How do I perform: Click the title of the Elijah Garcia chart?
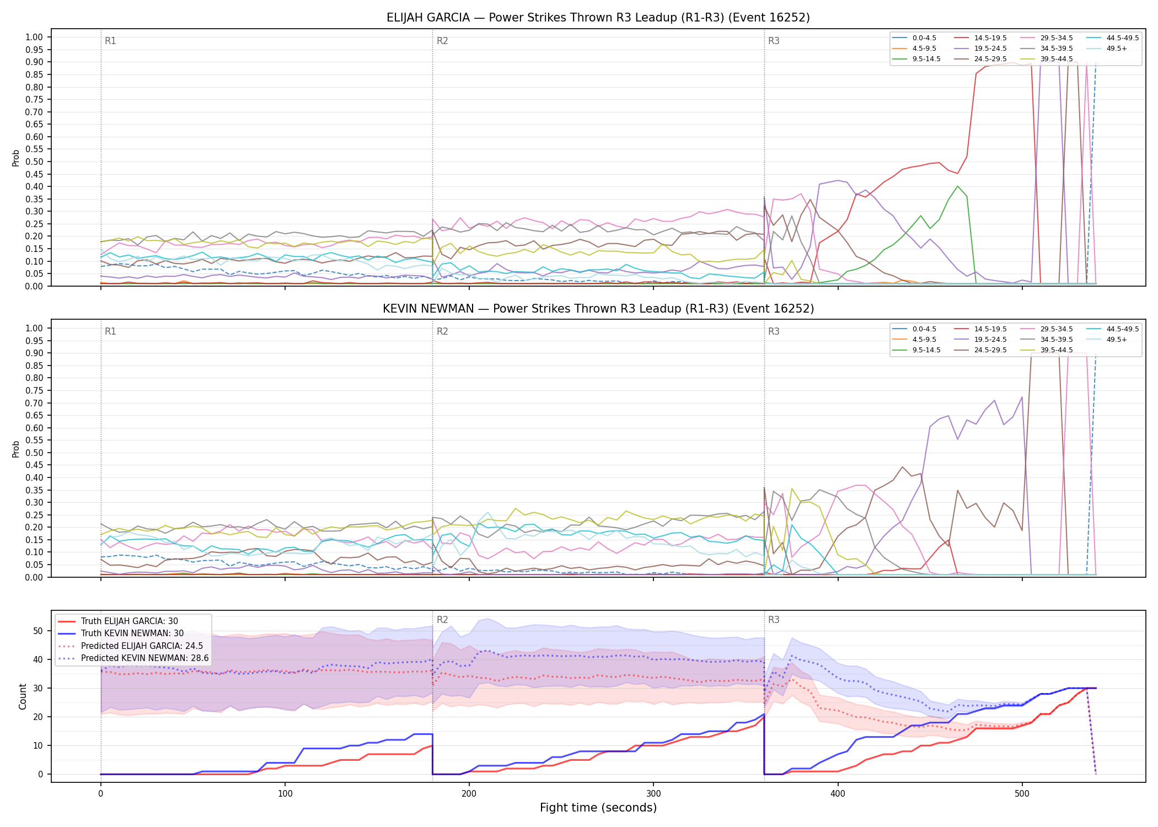pos(598,18)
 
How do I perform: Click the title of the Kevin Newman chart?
pos(598,309)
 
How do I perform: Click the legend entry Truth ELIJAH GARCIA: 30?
pos(130,621)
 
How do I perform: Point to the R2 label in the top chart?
pos(442,41)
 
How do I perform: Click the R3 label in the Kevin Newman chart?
pos(774,331)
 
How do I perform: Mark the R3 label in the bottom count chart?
pos(774,620)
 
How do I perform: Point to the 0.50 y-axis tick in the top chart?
pos(34,162)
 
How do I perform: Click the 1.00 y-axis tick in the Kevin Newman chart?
pos(34,328)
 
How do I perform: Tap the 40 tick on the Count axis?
pos(38,659)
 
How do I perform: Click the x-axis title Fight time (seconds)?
pos(598,808)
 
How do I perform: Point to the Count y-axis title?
pos(23,696)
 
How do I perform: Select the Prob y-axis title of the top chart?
pos(16,158)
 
